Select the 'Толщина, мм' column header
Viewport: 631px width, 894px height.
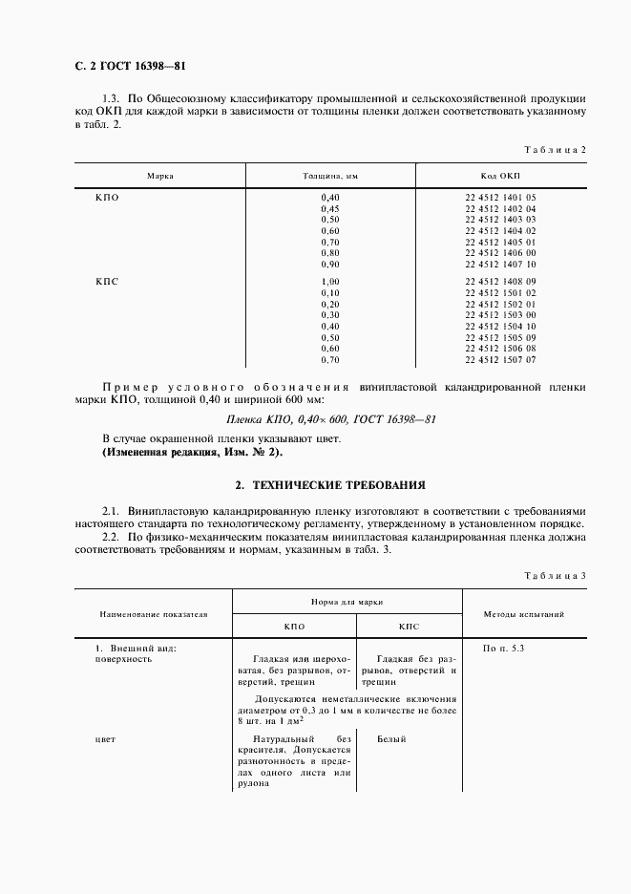click(330, 177)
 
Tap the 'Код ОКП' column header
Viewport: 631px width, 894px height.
click(500, 177)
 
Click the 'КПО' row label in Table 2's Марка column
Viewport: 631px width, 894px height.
click(107, 197)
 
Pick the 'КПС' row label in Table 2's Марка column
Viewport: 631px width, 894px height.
click(107, 282)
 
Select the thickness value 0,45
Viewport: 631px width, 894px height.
click(330, 208)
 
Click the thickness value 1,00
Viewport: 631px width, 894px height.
click(330, 282)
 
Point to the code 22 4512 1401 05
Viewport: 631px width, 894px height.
click(500, 197)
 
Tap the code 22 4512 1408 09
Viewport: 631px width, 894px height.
click(500, 282)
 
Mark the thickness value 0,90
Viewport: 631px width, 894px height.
click(330, 264)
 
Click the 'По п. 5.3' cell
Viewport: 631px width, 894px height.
click(504, 649)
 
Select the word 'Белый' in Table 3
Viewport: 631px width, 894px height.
click(391, 738)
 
